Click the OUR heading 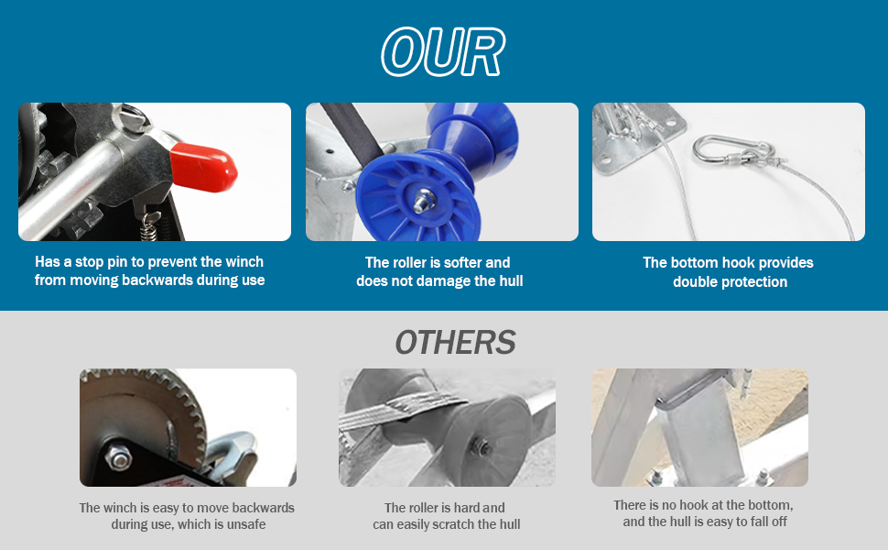tap(443, 51)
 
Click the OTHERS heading tap(455, 343)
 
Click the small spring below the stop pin tap(149, 226)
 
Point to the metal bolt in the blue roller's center tap(423, 201)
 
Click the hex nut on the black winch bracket tap(119, 457)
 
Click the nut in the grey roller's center tap(482, 446)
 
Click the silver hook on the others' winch tap(233, 454)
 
